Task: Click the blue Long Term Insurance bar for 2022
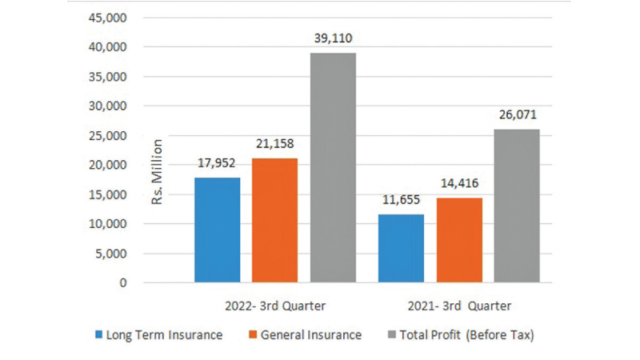[218, 230]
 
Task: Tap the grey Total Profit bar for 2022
[333, 167]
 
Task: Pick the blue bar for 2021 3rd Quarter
[402, 248]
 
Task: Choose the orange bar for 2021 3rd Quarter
[458, 240]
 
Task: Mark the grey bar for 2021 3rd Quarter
[517, 206]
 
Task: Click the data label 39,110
[333, 38]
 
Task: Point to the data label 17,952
[218, 162]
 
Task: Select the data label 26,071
[517, 114]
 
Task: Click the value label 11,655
[402, 199]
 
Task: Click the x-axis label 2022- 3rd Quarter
[274, 306]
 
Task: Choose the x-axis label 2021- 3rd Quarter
[458, 306]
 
